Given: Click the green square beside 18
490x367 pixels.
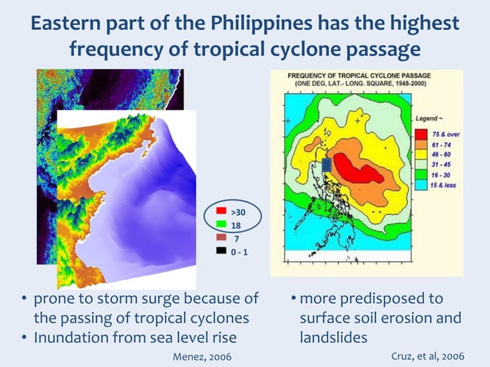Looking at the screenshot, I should click(220, 224).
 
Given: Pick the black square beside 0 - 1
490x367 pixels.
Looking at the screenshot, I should click(220, 251).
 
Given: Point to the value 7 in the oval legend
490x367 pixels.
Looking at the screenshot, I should click(235, 238).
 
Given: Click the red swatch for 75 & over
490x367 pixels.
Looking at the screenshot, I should click(420, 134).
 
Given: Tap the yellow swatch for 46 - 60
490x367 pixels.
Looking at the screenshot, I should click(420, 154).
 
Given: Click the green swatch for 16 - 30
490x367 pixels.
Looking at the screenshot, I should click(420, 174).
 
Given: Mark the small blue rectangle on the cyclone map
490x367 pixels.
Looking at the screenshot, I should click(326, 164).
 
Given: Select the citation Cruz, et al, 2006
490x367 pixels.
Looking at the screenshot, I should click(427, 356).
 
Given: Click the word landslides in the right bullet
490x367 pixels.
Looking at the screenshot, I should click(331, 337).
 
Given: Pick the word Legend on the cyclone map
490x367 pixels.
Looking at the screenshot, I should click(426, 119).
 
